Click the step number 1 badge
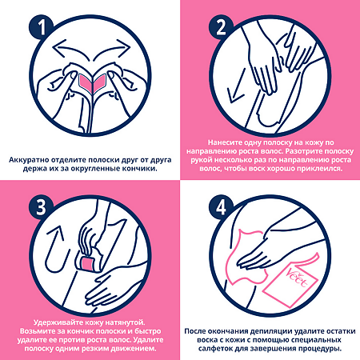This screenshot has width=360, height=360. tap(42, 27)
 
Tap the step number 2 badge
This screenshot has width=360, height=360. tap(221, 27)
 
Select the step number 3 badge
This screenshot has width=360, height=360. tap(42, 207)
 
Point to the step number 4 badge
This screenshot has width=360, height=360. tap(221, 207)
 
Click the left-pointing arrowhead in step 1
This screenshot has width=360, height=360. tap(59, 48)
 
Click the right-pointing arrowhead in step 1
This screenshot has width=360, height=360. tap(124, 47)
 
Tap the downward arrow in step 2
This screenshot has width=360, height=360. tap(236, 86)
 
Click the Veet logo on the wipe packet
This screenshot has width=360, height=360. tap(298, 278)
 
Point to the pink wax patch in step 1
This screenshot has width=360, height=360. tap(93, 83)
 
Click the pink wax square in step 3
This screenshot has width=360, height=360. tap(88, 263)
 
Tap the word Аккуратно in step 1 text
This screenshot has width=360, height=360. tap(28, 160)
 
